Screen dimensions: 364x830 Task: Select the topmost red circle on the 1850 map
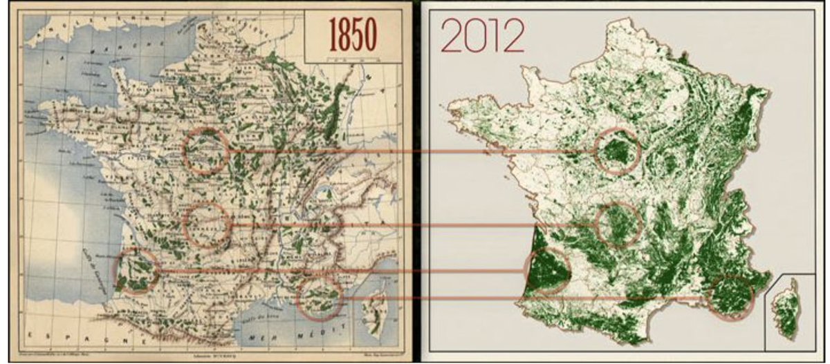click(207, 151)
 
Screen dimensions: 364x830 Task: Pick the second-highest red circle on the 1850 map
click(207, 225)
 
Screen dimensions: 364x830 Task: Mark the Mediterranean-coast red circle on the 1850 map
click(320, 297)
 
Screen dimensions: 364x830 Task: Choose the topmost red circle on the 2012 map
click(617, 151)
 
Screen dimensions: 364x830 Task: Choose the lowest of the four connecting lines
click(526, 298)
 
